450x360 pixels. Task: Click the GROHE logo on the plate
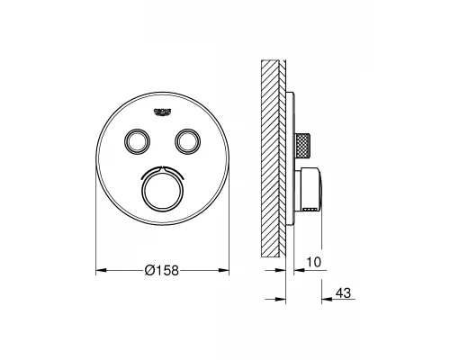(162, 112)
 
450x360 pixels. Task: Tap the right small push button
(187, 140)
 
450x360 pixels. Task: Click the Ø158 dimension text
(161, 271)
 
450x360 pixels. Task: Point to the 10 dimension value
(314, 262)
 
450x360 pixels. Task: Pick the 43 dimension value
(343, 292)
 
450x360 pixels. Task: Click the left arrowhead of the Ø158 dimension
(101, 271)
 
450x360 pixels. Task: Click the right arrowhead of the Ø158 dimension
(224, 271)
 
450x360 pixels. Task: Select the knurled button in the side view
(303, 146)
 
